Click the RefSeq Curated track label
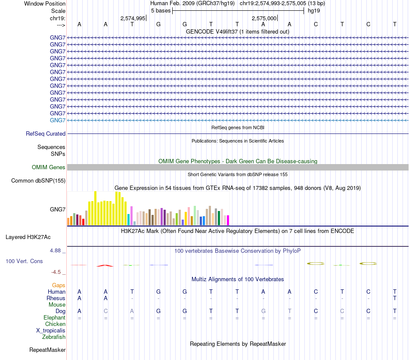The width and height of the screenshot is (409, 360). click(46, 134)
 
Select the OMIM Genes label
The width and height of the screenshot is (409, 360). click(49, 168)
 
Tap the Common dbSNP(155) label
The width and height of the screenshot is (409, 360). click(38, 181)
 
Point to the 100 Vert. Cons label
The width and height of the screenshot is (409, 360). click(24, 261)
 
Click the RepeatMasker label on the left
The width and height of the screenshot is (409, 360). click(47, 350)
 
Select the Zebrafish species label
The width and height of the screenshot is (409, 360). click(54, 337)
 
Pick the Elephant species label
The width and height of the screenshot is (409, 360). click(55, 318)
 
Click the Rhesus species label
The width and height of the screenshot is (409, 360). click(56, 298)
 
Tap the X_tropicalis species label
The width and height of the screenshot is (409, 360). click(51, 331)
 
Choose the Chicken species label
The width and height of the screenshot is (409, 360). click(56, 324)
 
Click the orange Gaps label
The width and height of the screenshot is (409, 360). click(59, 286)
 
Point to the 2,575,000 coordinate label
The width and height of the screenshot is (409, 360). click(264, 19)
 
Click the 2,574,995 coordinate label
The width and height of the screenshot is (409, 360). click(133, 19)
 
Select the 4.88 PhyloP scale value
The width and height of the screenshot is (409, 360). click(57, 250)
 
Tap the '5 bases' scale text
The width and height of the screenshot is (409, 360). click(161, 10)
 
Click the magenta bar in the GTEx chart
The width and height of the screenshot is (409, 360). click(228, 220)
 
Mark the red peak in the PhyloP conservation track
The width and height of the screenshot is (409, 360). click(105, 266)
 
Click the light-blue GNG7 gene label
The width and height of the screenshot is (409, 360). click(58, 120)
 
